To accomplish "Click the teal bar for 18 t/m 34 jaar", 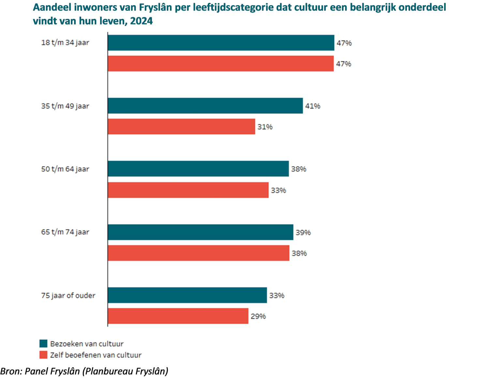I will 221,43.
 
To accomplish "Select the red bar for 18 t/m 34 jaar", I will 220,64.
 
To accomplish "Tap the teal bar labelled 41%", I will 205,106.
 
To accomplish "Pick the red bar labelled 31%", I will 181,126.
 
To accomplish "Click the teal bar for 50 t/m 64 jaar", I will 198,169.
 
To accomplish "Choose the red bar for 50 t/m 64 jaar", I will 188,190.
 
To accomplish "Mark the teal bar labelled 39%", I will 200,232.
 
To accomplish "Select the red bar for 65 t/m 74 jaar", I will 198,253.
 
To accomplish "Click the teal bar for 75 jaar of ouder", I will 187,295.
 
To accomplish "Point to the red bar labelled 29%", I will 178,316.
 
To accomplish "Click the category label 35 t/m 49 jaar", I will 65,106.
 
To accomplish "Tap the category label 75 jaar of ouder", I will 68,295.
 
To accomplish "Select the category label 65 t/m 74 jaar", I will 65,232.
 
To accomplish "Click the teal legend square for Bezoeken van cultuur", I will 43,343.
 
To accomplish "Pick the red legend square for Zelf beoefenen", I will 43,355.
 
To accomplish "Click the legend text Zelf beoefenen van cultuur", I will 96,355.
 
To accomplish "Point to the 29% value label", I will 258,316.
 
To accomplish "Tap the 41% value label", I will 313,106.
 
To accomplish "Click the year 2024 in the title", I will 141,21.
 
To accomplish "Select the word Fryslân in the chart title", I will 156,7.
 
